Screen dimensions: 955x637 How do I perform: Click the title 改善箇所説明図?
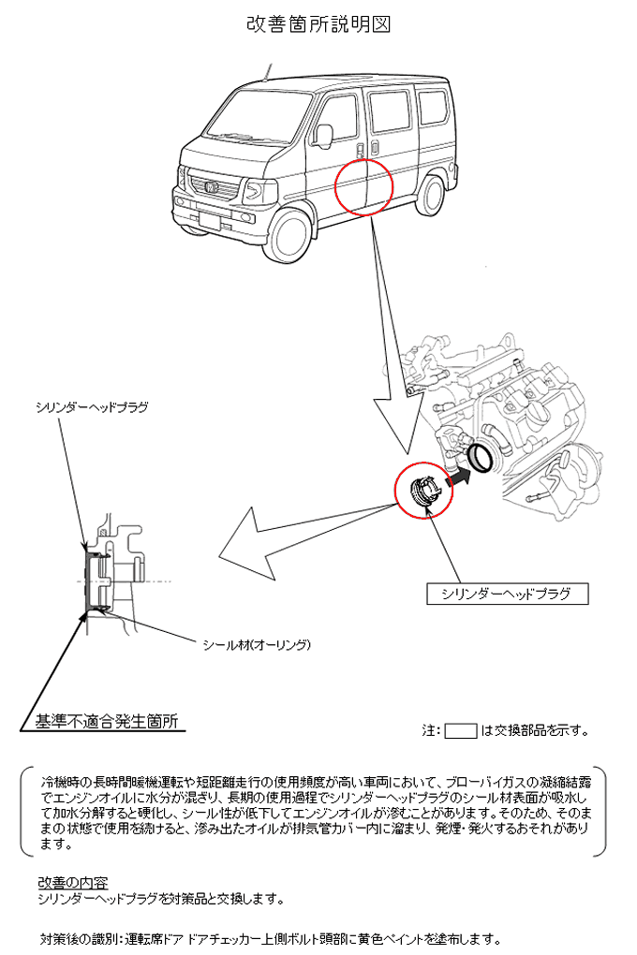318,25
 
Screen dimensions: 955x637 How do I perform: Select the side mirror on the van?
323,135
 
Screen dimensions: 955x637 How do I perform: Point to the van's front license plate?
210,222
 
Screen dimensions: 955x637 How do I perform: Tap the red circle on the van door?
364,187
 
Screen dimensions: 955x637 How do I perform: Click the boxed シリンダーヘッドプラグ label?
506,594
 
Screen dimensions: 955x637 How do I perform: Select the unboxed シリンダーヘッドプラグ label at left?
91,407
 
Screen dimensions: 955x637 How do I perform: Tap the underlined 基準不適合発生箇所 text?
106,721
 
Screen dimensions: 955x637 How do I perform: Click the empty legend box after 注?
460,730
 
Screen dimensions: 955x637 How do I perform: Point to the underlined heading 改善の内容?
72,883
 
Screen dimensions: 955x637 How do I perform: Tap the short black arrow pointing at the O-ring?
458,478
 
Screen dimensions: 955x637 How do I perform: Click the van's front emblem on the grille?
212,187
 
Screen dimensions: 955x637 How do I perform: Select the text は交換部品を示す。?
534,731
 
